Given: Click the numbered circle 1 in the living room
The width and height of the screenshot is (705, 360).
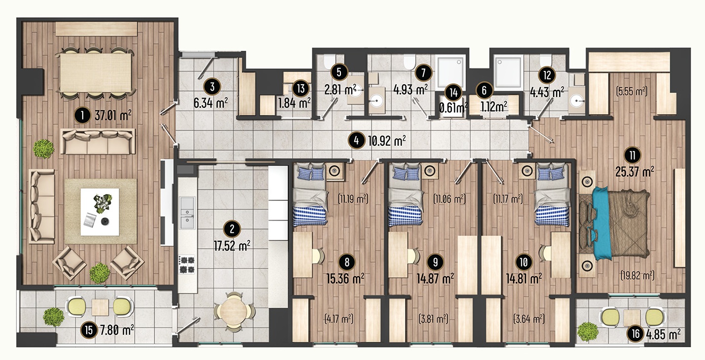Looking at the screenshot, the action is click(82, 116).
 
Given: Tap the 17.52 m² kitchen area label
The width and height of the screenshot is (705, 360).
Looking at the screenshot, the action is click(232, 246).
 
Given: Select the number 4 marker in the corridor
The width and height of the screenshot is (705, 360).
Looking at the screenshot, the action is click(356, 140).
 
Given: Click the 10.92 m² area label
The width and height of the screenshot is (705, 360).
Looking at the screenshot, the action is click(387, 141).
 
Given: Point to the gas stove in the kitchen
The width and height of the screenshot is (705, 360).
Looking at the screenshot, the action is click(187, 265).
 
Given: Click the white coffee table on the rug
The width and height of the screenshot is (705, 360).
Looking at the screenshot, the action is click(100, 212).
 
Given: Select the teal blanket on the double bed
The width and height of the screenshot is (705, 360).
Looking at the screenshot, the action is click(602, 224).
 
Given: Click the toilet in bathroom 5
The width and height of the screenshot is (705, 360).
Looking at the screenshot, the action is click(330, 62).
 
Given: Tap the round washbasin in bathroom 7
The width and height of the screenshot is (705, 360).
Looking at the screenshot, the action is click(376, 100).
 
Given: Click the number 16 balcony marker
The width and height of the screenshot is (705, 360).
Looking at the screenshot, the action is click(635, 333).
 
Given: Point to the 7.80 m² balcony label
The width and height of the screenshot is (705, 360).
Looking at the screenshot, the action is click(117, 330).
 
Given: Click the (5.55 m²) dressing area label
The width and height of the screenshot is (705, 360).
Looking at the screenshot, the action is click(632, 91).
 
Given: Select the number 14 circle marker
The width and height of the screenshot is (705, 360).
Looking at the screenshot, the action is click(454, 93).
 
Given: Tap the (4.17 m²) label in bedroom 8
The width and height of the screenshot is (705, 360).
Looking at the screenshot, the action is click(338, 319).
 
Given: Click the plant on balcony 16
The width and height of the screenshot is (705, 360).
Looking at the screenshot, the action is click(587, 331).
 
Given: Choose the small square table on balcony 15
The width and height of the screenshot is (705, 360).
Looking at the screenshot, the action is click(100, 307).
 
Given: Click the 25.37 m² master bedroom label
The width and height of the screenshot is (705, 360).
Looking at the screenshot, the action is click(635, 171).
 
